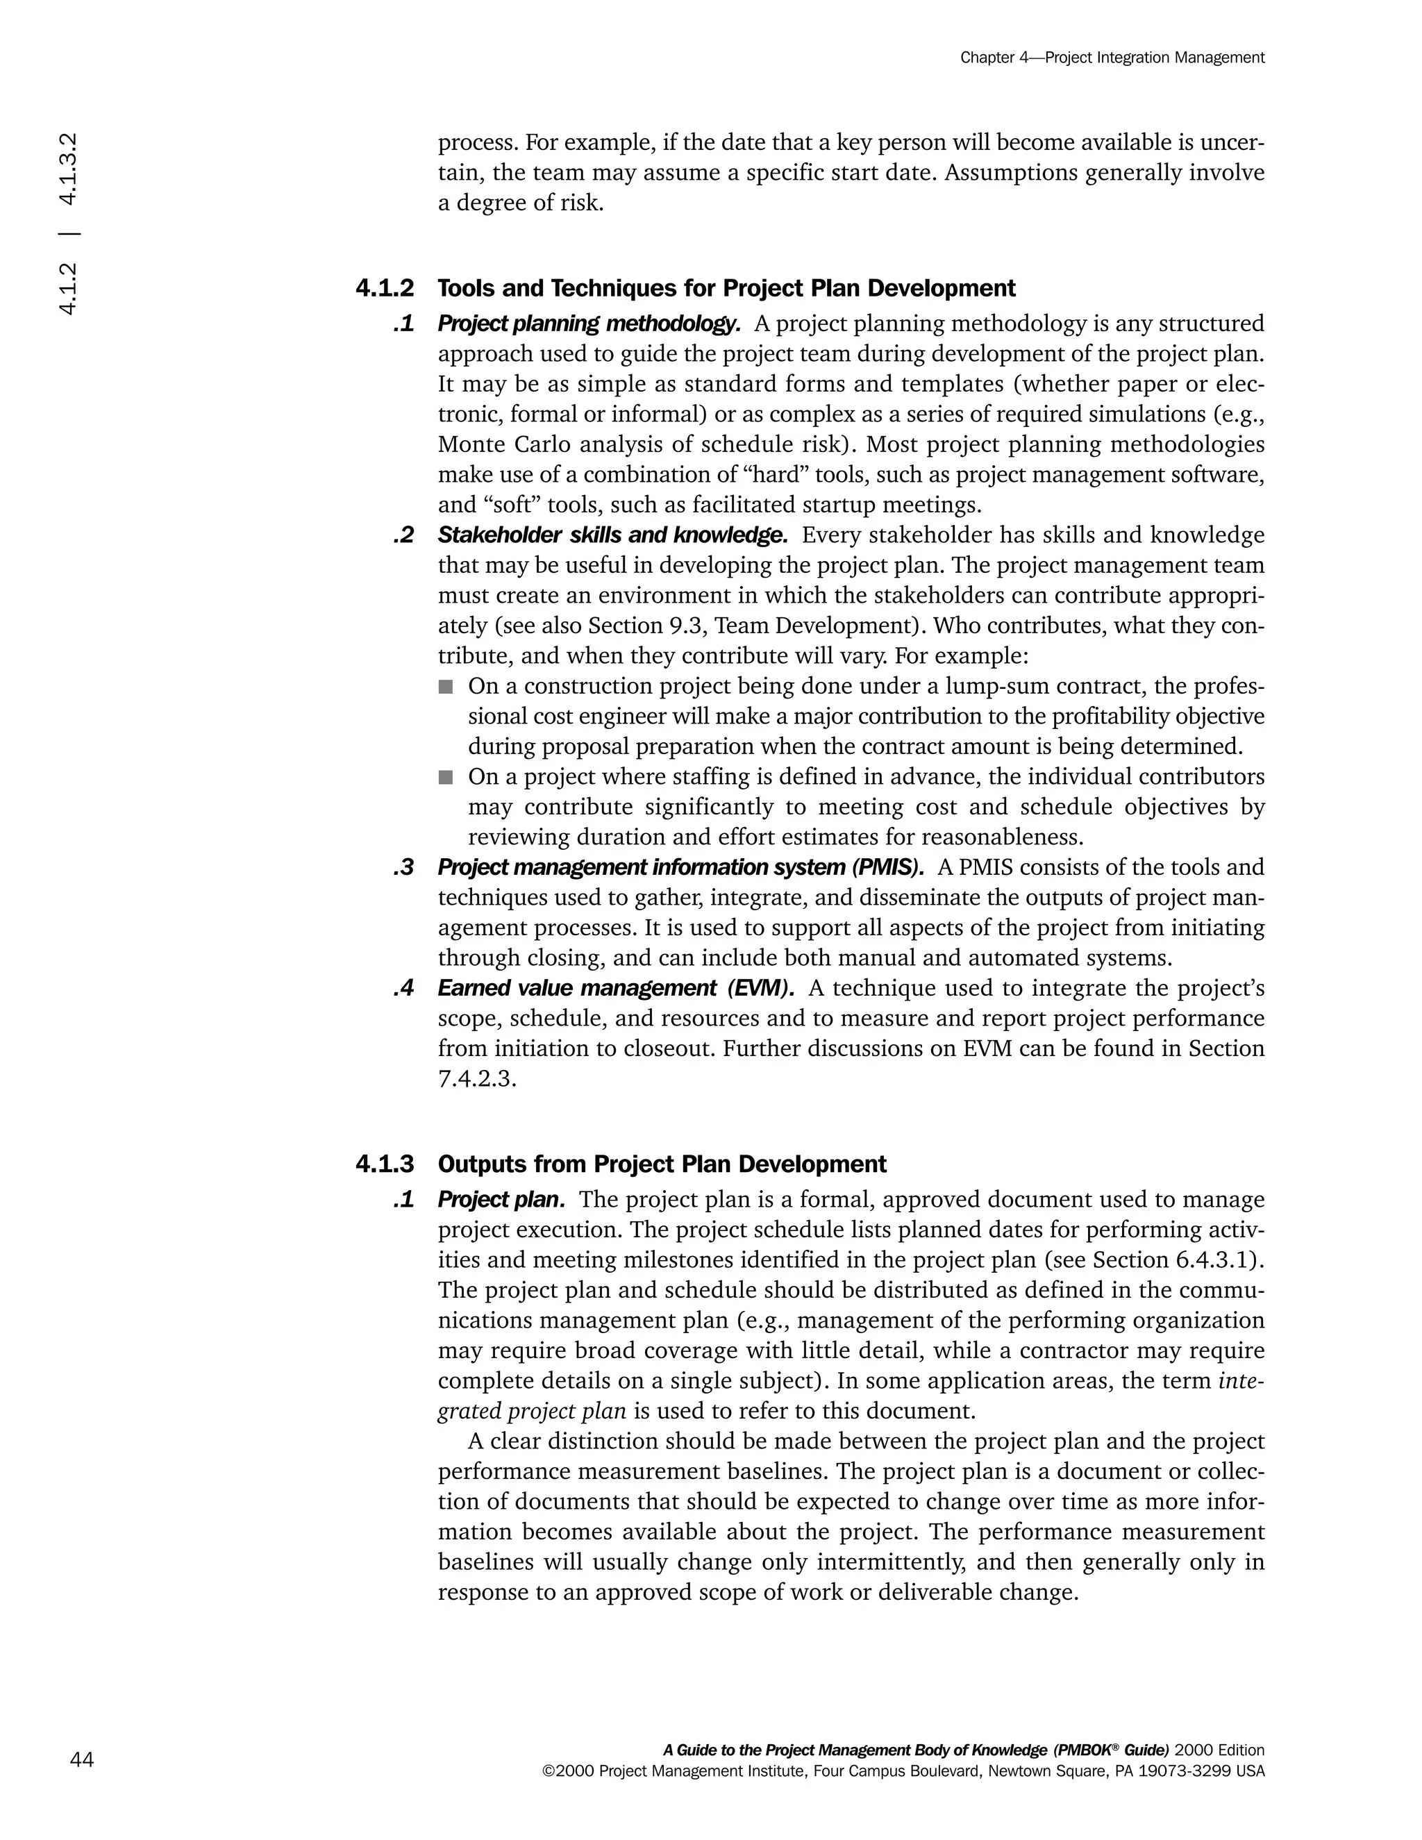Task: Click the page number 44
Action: tap(82, 1759)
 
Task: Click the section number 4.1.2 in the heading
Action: tap(384, 288)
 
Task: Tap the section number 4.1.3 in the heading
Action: tap(384, 1164)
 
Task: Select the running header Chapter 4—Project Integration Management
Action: tap(1112, 58)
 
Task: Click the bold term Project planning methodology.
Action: tap(588, 324)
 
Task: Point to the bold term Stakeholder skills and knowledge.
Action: tap(612, 535)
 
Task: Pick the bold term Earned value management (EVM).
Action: tap(616, 987)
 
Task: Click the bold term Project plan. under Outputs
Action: tap(501, 1199)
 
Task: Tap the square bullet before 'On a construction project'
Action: tap(446, 687)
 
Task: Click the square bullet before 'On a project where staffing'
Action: tap(446, 777)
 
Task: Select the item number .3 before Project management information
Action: tap(403, 867)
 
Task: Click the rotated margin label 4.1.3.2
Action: tap(68, 169)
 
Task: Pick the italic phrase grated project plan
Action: tap(532, 1410)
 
